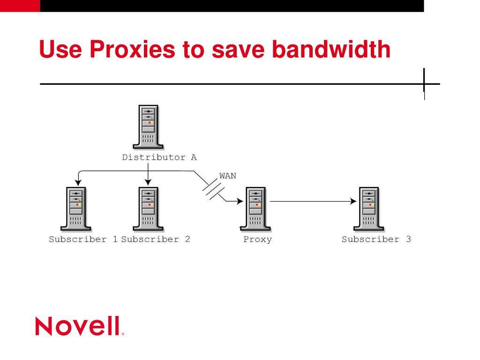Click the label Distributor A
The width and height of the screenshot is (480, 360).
point(159,157)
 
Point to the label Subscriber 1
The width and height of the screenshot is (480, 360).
point(83,240)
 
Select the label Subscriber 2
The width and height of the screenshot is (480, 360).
point(156,240)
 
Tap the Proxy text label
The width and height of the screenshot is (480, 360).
point(257,240)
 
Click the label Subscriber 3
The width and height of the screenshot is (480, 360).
point(376,240)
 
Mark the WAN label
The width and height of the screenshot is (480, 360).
point(228,176)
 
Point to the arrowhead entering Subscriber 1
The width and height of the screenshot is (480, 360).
point(78,183)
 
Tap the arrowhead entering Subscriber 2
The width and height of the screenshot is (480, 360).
point(148,183)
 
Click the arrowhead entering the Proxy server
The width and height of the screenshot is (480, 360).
point(240,202)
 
